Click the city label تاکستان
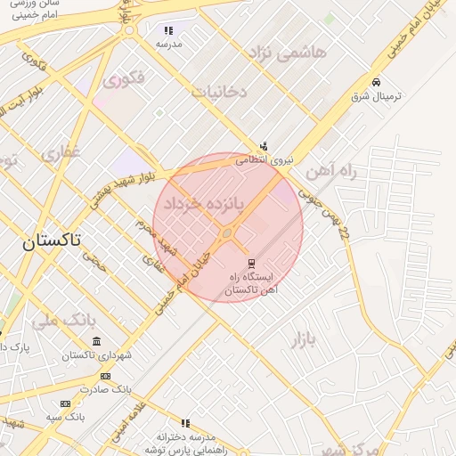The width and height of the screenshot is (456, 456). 51,240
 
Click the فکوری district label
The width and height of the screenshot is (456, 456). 123,80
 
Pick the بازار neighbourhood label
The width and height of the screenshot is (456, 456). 305,338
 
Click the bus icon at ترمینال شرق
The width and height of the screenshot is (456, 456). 376,81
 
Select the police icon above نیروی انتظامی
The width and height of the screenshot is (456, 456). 263,147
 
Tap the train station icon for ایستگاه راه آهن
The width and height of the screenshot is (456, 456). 252,264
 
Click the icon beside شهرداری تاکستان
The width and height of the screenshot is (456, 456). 96,342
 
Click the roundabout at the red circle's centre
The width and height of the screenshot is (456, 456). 228,233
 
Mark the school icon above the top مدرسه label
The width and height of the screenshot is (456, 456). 168,30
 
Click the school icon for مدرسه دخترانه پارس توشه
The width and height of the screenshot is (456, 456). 185,423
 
